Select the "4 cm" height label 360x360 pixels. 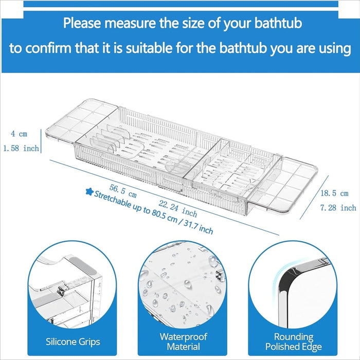(x=19, y=134)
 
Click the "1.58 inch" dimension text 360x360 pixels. (x=21, y=149)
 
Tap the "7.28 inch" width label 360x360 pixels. (x=338, y=208)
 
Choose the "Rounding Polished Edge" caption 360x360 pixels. (x=293, y=341)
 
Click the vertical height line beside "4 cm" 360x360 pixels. (x=41, y=141)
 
